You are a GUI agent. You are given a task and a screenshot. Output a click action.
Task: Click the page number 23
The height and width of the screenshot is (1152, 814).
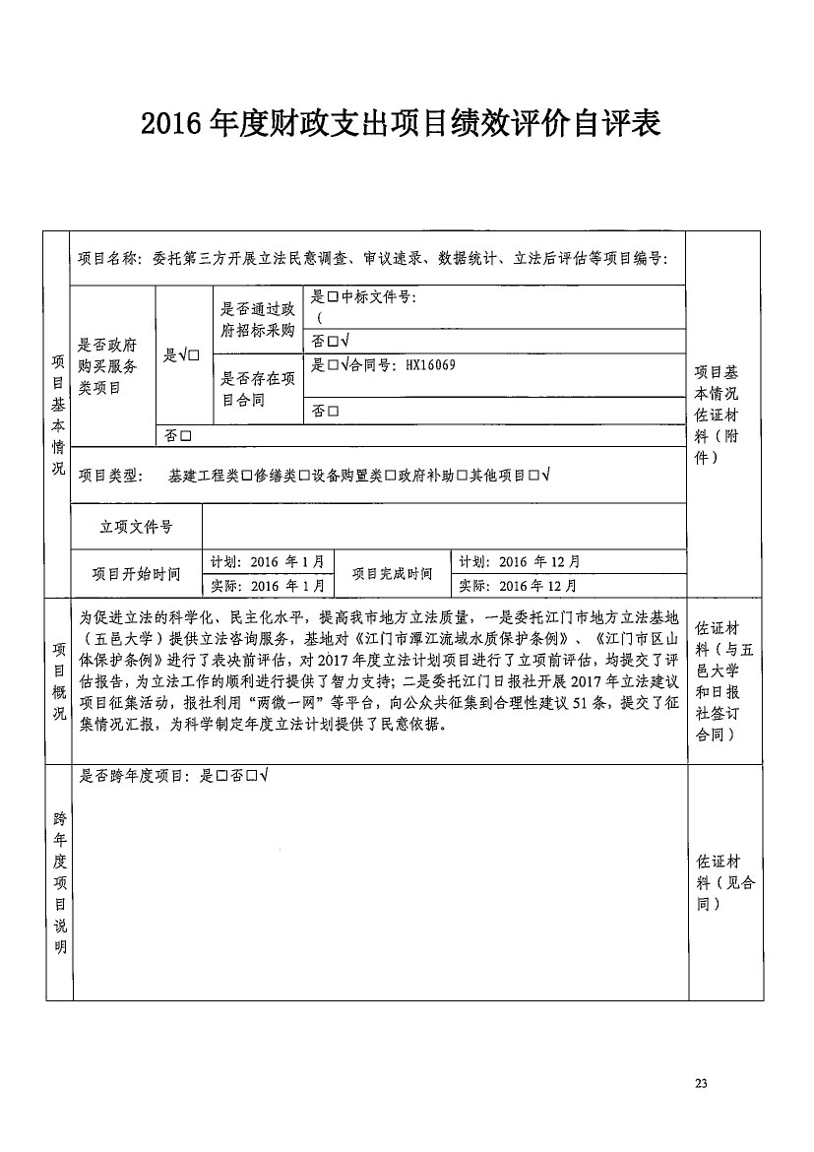pyautogui.click(x=701, y=1083)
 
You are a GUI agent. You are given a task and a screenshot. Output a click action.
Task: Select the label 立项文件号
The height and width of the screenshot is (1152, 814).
pyautogui.click(x=136, y=527)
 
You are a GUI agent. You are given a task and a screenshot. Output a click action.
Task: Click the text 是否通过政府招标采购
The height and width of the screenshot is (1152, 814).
pyautogui.click(x=258, y=320)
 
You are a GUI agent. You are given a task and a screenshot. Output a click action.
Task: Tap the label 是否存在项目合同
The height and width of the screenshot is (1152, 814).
pyautogui.click(x=258, y=389)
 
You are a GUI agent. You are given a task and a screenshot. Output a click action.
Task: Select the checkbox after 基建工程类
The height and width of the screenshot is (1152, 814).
pyautogui.click(x=246, y=476)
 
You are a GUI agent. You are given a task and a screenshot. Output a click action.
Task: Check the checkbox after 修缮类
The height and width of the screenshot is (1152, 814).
pyautogui.click(x=304, y=476)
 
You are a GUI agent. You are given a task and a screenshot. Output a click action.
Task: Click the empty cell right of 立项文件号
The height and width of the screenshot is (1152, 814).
pyautogui.click(x=443, y=527)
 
